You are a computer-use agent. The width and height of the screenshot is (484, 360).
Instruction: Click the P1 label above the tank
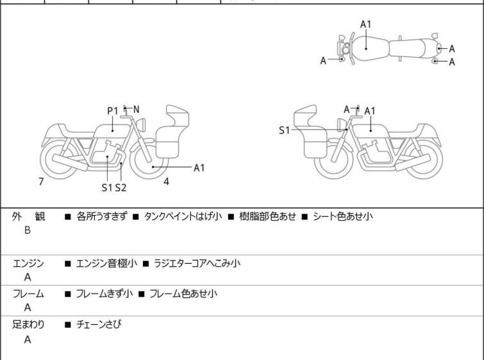coord(113,111)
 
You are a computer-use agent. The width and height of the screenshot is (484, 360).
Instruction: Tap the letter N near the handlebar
coord(136,110)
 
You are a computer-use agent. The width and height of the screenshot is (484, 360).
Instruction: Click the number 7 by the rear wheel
coord(41,182)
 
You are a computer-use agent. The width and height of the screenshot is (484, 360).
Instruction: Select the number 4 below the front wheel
coord(166,182)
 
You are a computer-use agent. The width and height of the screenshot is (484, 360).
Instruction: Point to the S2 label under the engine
coord(121,188)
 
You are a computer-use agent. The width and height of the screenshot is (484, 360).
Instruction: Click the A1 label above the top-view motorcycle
coord(365,24)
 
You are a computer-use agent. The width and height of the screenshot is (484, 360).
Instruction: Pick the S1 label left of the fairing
coord(284,130)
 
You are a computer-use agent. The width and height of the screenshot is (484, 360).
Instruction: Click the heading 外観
coord(29,217)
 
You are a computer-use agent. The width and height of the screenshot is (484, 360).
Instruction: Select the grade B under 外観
coord(28,230)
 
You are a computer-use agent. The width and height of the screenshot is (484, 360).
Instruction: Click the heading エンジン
coord(29,264)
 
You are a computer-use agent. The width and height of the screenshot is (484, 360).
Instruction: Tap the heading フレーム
coord(29,294)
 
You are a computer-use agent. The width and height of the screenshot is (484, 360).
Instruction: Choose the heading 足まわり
coord(29,325)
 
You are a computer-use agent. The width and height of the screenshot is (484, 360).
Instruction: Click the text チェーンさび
coord(99,325)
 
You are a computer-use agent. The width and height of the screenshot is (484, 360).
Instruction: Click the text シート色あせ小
coord(342,217)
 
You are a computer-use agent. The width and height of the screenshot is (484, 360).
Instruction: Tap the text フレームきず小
coord(104,294)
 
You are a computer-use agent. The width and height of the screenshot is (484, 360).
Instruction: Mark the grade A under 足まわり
coord(28,339)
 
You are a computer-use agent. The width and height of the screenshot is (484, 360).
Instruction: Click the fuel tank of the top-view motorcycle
coord(367,47)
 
